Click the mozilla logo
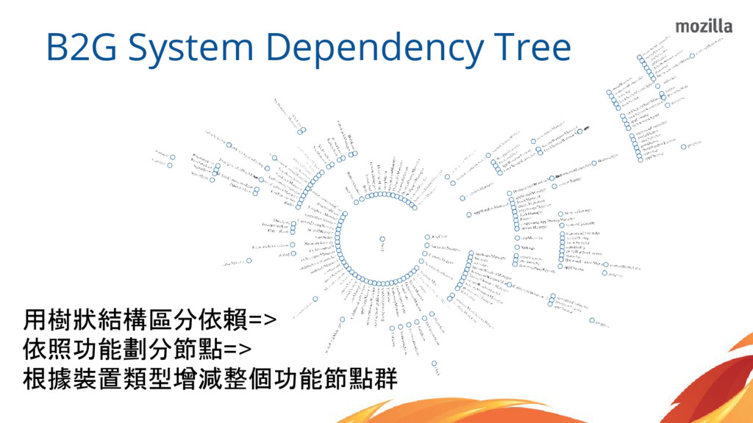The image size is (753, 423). coord(704,26)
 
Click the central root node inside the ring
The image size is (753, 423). coord(382,239)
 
